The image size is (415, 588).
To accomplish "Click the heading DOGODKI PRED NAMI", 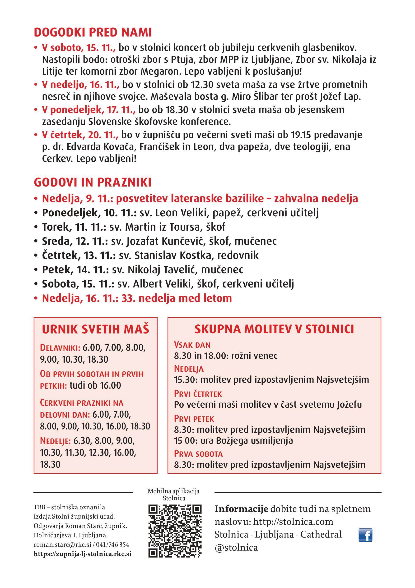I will pos(93,32).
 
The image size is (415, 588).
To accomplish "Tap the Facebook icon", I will pos(365,535).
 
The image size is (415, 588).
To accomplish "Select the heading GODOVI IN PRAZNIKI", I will pos(93,182).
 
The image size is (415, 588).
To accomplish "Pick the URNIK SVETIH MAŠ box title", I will pos(95,329).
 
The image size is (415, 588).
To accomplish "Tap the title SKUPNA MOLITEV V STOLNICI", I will pos(274,329).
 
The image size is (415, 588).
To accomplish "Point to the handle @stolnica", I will pos(236,547).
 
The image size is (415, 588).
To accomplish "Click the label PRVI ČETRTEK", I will pos(198,394).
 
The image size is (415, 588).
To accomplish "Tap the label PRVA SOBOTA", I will pos(198,454).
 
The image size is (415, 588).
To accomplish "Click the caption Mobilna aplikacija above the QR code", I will pos(173,491).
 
